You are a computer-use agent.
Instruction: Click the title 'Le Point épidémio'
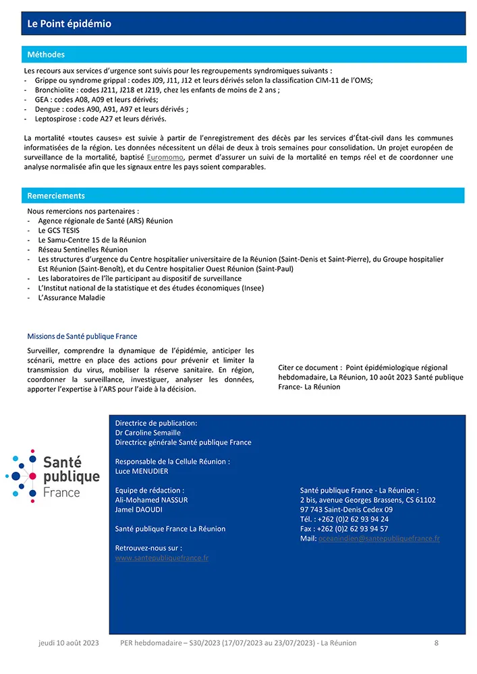pos(69,24)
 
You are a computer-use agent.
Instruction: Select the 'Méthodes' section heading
pos(46,55)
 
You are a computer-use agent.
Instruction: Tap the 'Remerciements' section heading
pos(56,196)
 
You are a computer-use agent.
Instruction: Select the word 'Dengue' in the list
pos(49,109)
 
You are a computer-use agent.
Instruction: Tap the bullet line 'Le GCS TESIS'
pos(60,231)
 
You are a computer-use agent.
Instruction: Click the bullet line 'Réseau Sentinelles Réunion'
pos(82,249)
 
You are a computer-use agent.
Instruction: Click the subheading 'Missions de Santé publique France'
pos(82,336)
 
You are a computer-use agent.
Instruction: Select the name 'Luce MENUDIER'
pos(142,471)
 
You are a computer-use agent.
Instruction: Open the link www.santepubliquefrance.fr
pos(162,558)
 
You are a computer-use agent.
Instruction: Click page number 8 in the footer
pos(437,643)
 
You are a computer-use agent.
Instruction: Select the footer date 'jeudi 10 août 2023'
pos(68,643)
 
